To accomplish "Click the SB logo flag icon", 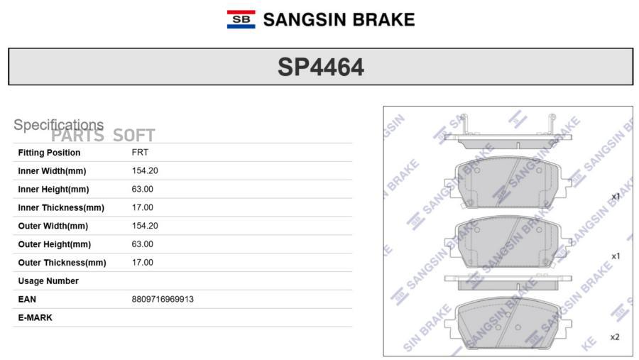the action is click(x=241, y=20).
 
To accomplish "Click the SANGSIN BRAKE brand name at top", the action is click(x=339, y=20).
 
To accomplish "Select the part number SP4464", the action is click(x=321, y=67).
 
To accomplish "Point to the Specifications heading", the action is click(x=59, y=125).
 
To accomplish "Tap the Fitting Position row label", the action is click(x=49, y=153).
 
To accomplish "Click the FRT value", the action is click(x=140, y=152).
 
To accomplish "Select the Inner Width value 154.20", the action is click(x=145, y=170).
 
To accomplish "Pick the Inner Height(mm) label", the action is click(x=53, y=189).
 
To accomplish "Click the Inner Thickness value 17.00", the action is click(x=142, y=207).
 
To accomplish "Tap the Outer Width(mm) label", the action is click(x=53, y=226).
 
